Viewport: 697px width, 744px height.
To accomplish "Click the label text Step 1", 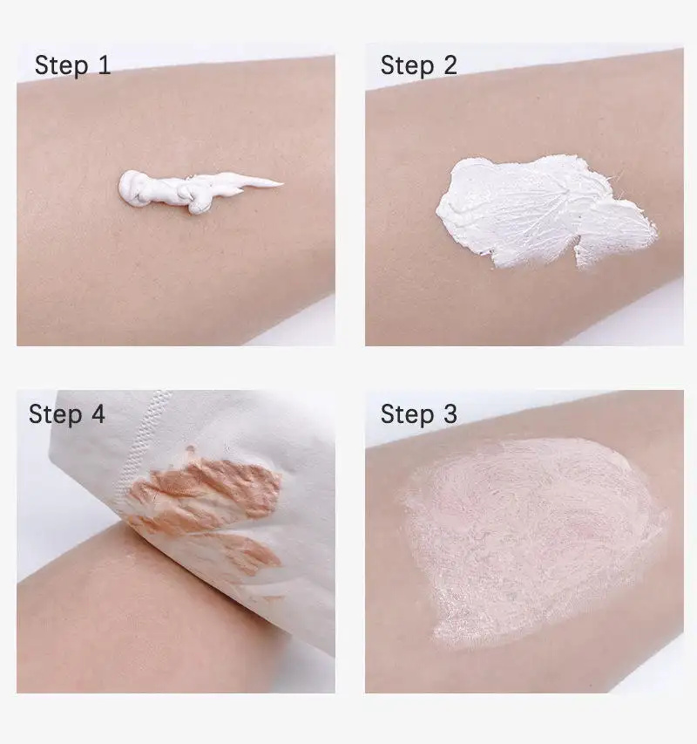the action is click(x=72, y=65).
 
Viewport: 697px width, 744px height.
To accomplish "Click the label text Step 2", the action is click(x=419, y=65).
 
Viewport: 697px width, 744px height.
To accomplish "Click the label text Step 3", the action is click(x=419, y=414).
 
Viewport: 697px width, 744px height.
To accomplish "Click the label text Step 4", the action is click(x=67, y=414).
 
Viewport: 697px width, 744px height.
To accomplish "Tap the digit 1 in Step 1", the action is click(x=105, y=65).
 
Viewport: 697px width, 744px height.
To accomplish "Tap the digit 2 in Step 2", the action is click(x=450, y=65).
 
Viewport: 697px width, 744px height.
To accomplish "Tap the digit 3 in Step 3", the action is click(x=450, y=413).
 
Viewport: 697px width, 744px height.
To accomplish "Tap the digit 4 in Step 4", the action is click(x=98, y=413).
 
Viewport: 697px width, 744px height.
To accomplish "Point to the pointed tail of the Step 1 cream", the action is click(x=282, y=182).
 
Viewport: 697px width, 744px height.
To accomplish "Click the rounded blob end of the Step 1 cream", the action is click(x=132, y=188).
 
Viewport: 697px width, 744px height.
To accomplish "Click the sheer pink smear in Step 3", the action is click(x=533, y=541).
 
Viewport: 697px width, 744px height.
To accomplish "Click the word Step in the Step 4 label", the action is click(x=55, y=414).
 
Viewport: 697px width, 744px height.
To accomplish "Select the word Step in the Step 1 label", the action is click(x=61, y=66).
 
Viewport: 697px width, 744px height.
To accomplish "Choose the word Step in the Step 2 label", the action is click(x=407, y=66).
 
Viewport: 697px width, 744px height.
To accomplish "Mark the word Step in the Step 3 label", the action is click(x=407, y=414).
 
